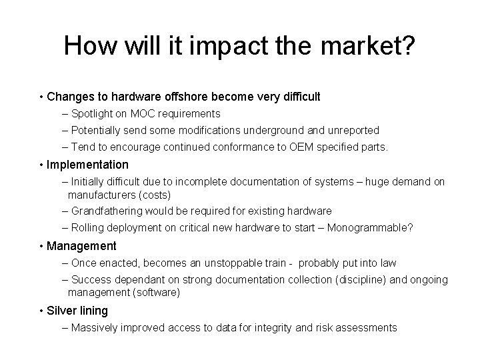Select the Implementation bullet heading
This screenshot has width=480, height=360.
point(87,164)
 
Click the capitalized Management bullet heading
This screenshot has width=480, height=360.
point(81,246)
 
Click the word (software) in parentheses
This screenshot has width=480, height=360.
point(159,292)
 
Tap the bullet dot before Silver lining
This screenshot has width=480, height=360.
point(41,311)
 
